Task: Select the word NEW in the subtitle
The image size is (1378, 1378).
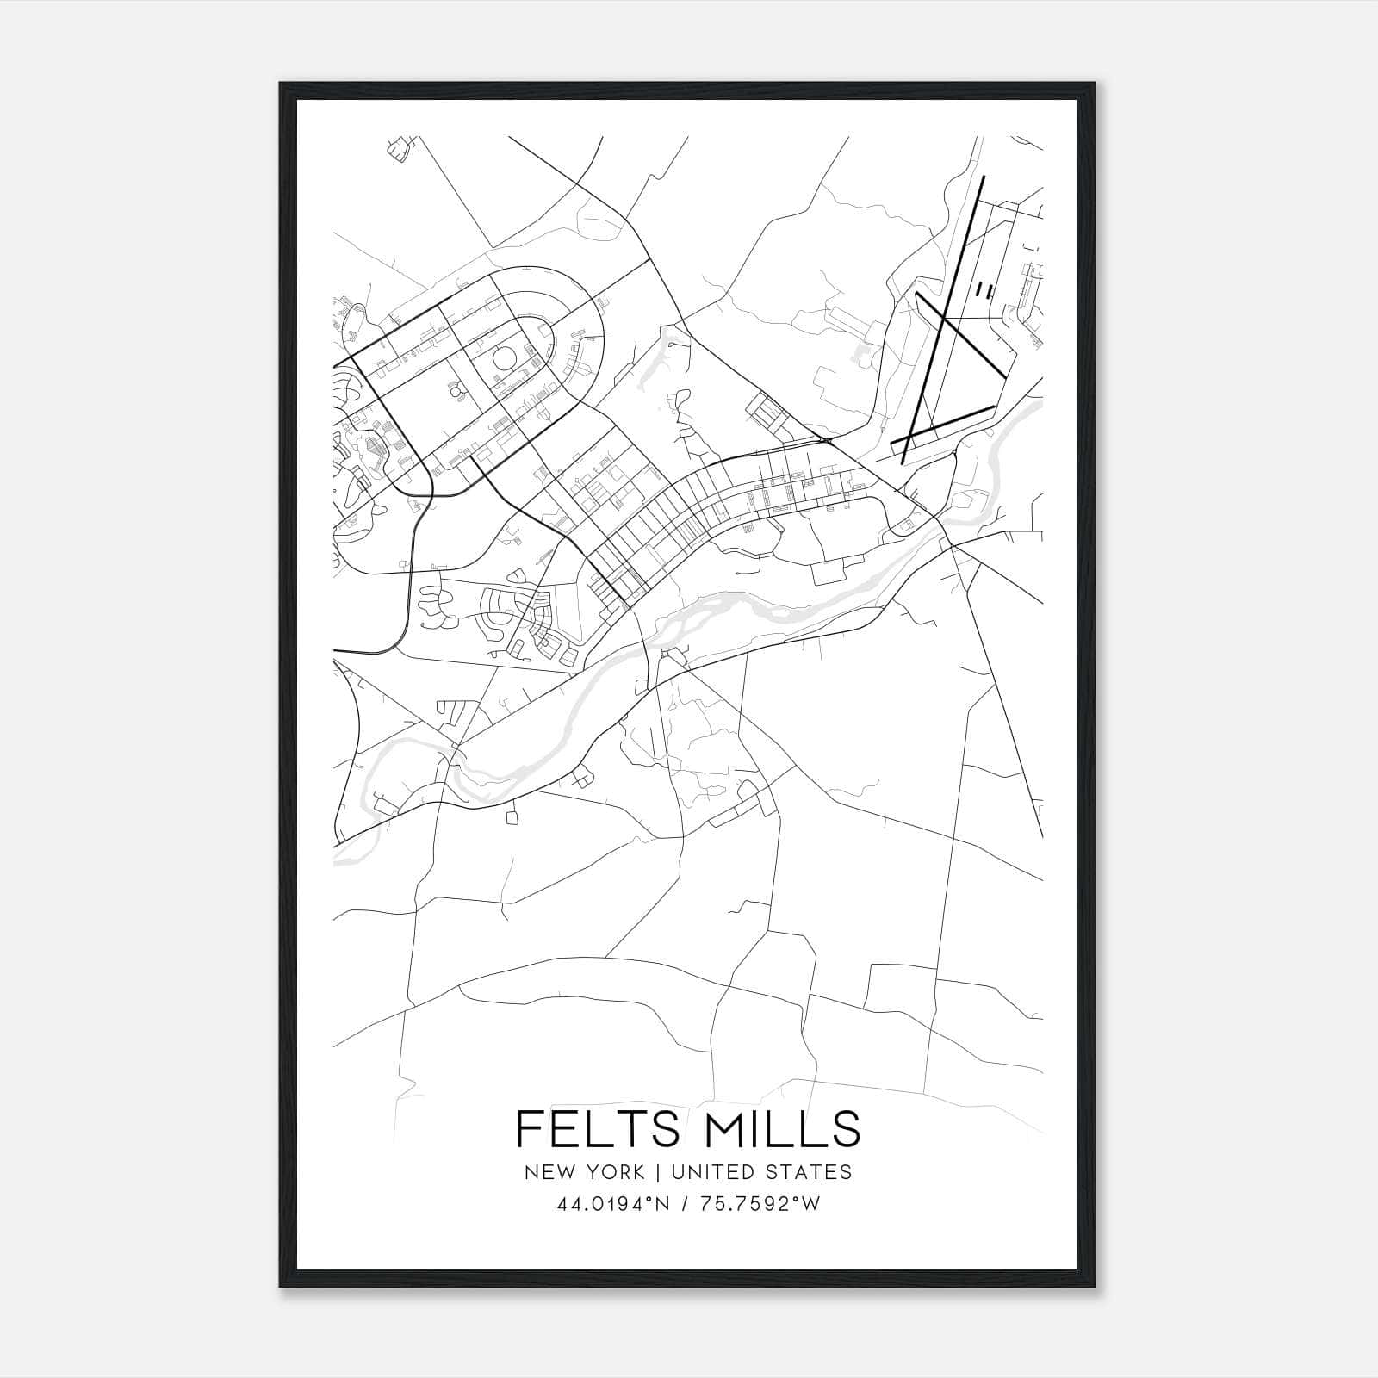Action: [x=549, y=1172]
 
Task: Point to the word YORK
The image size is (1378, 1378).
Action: [x=615, y=1172]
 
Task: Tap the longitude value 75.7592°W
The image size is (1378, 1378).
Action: [x=765, y=1205]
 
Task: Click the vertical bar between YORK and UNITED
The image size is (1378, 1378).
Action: [x=657, y=1172]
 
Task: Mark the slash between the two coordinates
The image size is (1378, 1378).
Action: [x=688, y=1205]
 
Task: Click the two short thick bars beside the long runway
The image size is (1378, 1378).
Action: [x=983, y=290]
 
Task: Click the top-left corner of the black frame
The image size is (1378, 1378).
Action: [x=281, y=84]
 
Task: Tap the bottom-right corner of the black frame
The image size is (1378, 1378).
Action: [x=1096, y=1287]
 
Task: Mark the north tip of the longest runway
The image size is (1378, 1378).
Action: [x=983, y=177]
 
